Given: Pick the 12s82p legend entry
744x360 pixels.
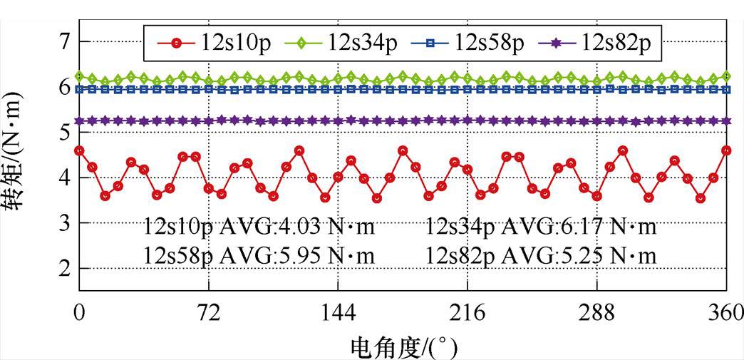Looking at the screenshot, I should (616, 43).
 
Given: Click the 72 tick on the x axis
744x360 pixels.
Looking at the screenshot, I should (208, 314).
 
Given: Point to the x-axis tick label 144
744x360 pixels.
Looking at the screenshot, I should (338, 314).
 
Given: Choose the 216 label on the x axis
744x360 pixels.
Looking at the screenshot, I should (467, 314).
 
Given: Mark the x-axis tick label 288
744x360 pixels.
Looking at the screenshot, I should (596, 314).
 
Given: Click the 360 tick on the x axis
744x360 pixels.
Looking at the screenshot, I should (725, 314).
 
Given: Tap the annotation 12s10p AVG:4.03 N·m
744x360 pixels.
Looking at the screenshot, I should (259, 227).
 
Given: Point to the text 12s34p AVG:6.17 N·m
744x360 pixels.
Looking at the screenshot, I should (541, 227).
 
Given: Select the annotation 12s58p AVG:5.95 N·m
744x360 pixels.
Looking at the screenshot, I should (259, 254).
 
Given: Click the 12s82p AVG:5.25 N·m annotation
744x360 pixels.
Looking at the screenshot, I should (541, 254).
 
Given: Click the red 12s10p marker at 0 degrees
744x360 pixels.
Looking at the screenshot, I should (79, 150).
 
